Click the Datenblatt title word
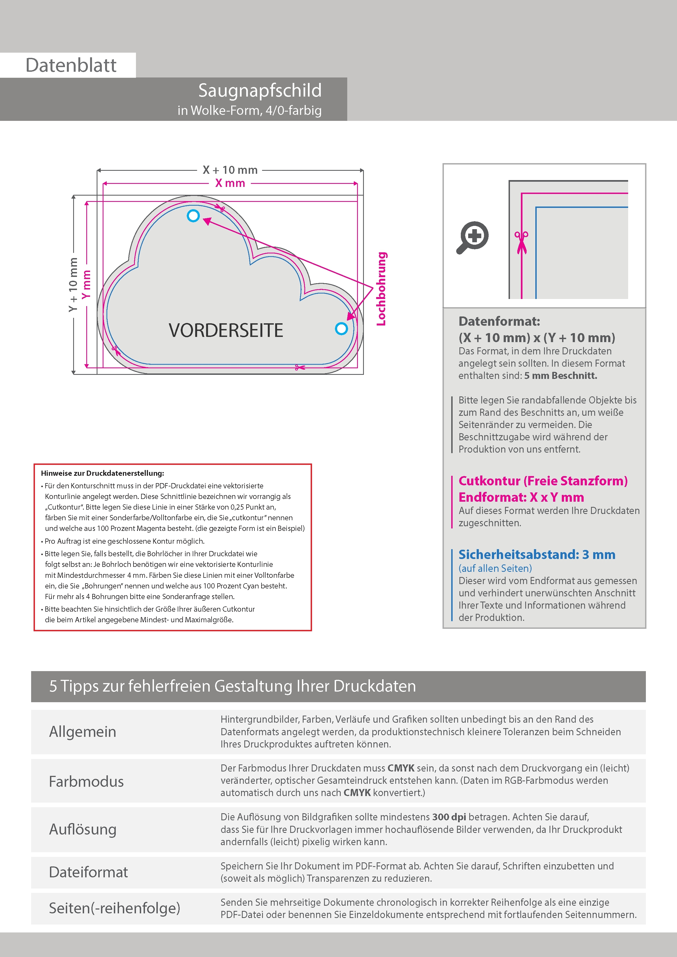point(71,65)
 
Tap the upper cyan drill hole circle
point(193,216)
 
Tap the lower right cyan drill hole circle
point(341,329)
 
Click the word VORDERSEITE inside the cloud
point(226,330)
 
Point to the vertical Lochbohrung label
point(381,288)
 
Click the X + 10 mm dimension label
point(230,170)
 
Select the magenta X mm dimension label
point(230,183)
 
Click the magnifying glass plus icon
point(473,237)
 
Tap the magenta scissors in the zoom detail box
point(521,242)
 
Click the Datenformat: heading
point(499,321)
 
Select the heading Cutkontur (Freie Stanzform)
point(543,481)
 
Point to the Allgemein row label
point(83,731)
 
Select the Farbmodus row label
point(86,781)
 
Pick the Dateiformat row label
point(88,872)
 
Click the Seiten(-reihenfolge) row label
point(115,908)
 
